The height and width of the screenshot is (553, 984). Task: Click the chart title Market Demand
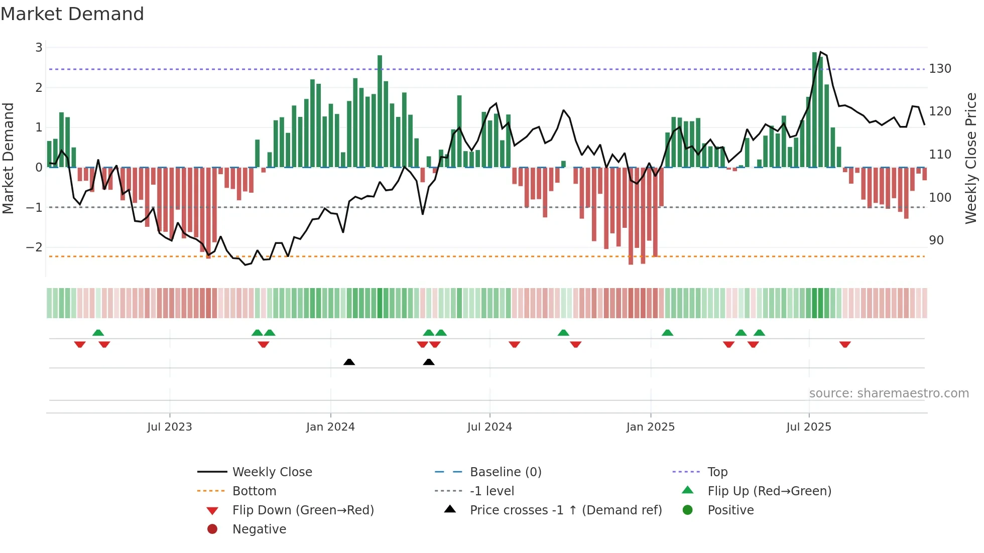72,14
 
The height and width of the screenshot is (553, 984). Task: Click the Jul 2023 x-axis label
169,427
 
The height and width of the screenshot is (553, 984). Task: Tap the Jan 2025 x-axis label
650,427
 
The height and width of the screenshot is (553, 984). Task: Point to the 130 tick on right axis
940,69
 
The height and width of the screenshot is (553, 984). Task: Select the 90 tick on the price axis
936,240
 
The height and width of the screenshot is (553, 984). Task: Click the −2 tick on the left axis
34,247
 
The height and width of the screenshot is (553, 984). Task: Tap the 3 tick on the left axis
39,48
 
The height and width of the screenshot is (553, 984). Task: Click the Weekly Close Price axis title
971,158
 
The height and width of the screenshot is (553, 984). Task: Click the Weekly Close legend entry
272,472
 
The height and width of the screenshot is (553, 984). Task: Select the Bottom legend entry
254,491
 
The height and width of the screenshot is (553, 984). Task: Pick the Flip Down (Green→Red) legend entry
303,510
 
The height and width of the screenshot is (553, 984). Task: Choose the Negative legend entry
259,529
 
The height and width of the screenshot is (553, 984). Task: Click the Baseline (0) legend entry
505,472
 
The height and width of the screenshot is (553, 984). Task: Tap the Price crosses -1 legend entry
565,510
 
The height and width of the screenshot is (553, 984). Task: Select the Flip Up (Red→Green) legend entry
769,491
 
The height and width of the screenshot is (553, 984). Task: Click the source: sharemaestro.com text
889,393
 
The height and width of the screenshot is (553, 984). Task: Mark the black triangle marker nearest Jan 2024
349,362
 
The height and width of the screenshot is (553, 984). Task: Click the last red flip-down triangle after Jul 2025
845,344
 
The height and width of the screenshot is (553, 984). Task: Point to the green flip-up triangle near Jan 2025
667,333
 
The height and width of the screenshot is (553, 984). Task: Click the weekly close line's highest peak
820,52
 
